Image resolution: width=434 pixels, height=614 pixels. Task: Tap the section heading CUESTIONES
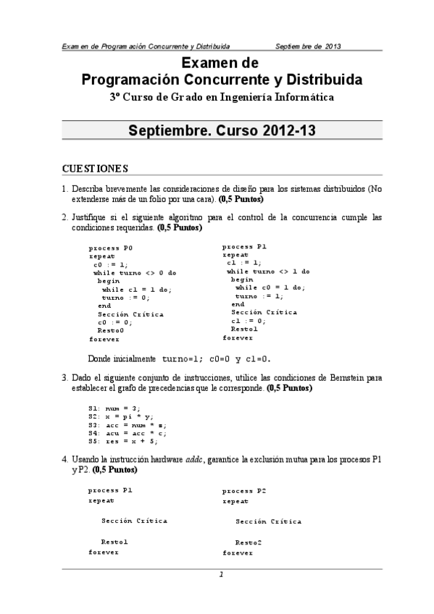click(95, 169)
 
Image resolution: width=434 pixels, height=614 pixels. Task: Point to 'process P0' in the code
click(111, 248)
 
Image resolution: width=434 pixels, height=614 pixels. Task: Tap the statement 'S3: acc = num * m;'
click(128, 425)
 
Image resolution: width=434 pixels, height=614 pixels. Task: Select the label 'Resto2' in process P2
click(248, 542)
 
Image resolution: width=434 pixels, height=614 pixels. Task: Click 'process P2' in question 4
click(244, 491)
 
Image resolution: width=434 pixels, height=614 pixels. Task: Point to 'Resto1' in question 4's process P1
click(114, 541)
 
